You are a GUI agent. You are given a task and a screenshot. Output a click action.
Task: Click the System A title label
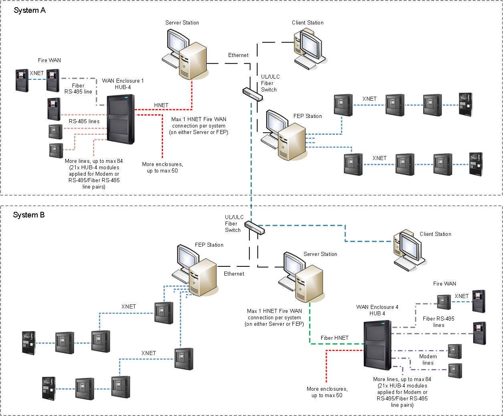pyautogui.click(x=30, y=10)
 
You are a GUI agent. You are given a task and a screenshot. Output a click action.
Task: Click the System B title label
pyautogui.click(x=29, y=215)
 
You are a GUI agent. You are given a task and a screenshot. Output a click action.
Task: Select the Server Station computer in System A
pyautogui.click(x=185, y=54)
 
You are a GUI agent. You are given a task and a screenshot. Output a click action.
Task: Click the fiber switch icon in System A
pyautogui.click(x=253, y=94)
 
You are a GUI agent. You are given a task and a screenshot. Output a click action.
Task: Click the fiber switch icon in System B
pyautogui.click(x=255, y=227)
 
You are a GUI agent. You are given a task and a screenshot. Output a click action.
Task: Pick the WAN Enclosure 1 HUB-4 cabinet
pyautogui.click(x=121, y=120)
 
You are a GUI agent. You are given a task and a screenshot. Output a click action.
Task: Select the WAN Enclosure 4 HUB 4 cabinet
pyautogui.click(x=377, y=345)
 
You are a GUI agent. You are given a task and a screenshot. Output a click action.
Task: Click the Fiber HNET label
pyautogui.click(x=334, y=338)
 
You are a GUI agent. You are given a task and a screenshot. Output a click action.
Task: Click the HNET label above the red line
pyautogui.click(x=161, y=105)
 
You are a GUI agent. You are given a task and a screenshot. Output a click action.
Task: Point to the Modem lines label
pyautogui.click(x=428, y=359)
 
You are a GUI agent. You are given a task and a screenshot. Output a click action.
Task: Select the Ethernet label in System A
pyautogui.click(x=238, y=55)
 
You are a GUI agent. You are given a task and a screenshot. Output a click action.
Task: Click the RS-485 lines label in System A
pyautogui.click(x=84, y=121)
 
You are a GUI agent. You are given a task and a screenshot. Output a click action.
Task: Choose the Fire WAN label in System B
pyautogui.click(x=445, y=284)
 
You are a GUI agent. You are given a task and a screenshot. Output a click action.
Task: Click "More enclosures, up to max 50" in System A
pyautogui.click(x=162, y=167)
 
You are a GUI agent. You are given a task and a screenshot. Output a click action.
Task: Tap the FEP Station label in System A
pyautogui.click(x=307, y=116)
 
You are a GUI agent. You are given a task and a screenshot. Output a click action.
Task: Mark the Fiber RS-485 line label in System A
pyautogui.click(x=78, y=89)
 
